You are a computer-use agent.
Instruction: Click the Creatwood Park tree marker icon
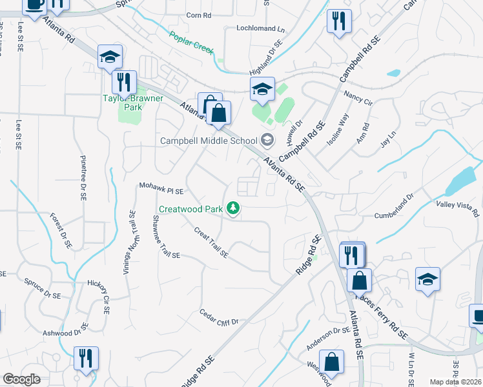point(233,208)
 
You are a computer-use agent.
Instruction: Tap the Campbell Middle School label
point(209,140)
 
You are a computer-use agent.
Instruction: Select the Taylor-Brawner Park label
point(133,103)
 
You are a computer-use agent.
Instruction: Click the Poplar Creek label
point(191,43)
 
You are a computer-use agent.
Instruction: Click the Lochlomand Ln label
point(260,29)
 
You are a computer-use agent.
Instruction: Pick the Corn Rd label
point(198,15)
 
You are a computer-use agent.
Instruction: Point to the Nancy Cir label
point(358,98)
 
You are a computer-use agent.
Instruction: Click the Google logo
point(21,379)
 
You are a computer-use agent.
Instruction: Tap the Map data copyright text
point(456,382)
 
